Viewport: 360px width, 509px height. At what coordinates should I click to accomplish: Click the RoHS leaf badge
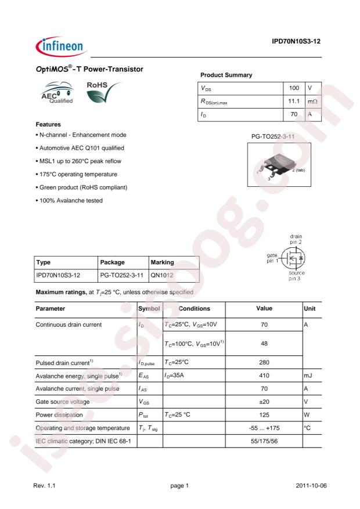coord(102,92)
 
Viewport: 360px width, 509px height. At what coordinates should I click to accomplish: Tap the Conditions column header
coord(192,308)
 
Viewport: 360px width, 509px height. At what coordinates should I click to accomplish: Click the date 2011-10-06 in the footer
coord(308,485)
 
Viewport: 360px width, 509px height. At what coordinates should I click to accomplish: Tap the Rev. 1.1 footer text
coord(47,485)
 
